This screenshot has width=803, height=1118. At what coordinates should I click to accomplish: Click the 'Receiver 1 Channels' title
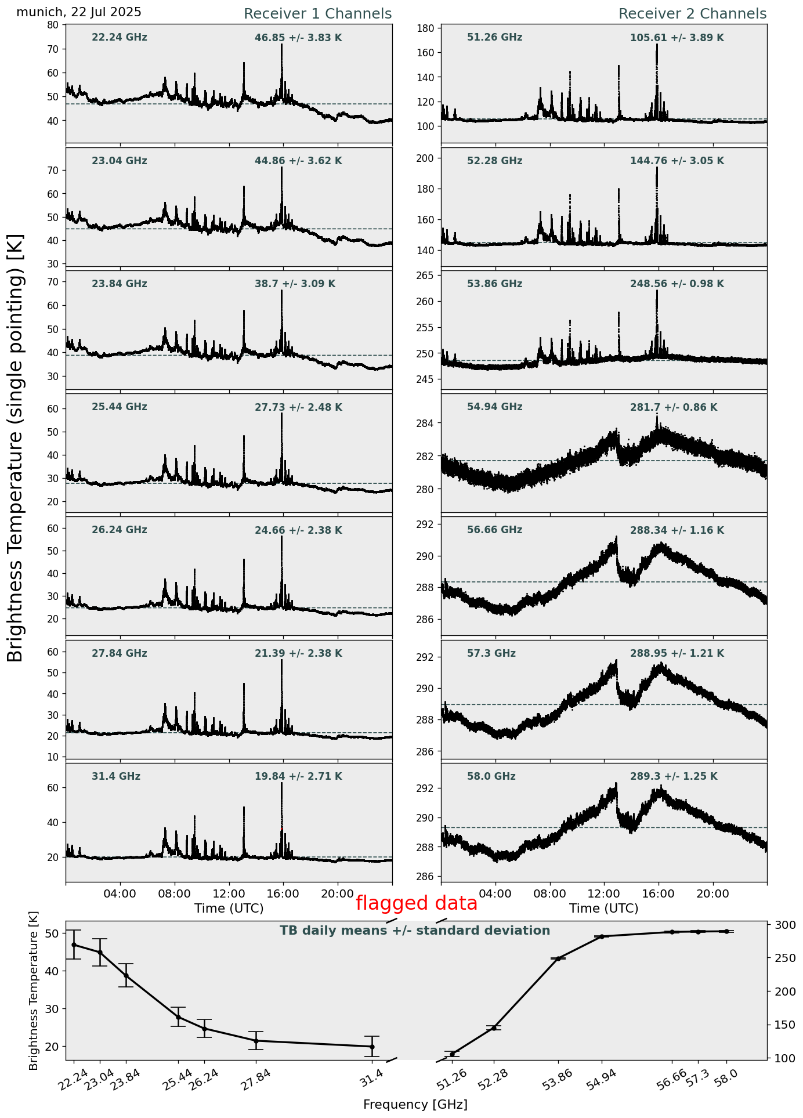pyautogui.click(x=317, y=14)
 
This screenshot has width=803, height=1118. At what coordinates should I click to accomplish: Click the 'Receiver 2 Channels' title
pyautogui.click(x=692, y=14)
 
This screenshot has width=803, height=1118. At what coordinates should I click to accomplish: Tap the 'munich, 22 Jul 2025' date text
pyautogui.click(x=79, y=12)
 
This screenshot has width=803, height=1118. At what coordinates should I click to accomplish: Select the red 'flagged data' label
pyautogui.click(x=416, y=903)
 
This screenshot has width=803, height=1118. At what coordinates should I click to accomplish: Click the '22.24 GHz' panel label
pyautogui.click(x=120, y=38)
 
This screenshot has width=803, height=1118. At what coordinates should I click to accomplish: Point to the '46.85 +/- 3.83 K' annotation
pyautogui.click(x=298, y=38)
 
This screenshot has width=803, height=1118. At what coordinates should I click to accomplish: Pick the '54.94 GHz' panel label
pyautogui.click(x=494, y=407)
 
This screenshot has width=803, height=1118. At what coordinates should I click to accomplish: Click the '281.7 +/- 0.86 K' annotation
pyautogui.click(x=674, y=408)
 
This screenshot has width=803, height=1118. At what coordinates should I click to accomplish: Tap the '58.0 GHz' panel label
pyautogui.click(x=491, y=776)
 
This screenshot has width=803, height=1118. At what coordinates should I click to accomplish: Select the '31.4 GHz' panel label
pyautogui.click(x=116, y=776)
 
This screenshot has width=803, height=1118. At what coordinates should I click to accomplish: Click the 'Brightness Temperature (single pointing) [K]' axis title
pyautogui.click(x=16, y=447)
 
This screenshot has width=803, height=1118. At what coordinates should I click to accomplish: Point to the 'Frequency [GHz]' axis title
pyautogui.click(x=415, y=1104)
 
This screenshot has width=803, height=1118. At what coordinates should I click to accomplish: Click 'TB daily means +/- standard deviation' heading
pyautogui.click(x=415, y=931)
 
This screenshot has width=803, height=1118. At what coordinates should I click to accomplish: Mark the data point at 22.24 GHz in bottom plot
pyautogui.click(x=74, y=945)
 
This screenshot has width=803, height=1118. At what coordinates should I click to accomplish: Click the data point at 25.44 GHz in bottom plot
pyautogui.click(x=178, y=1016)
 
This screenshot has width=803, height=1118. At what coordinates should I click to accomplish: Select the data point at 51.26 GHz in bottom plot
pyautogui.click(x=453, y=1054)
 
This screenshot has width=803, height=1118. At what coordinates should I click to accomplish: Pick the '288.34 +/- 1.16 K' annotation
pyautogui.click(x=677, y=531)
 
